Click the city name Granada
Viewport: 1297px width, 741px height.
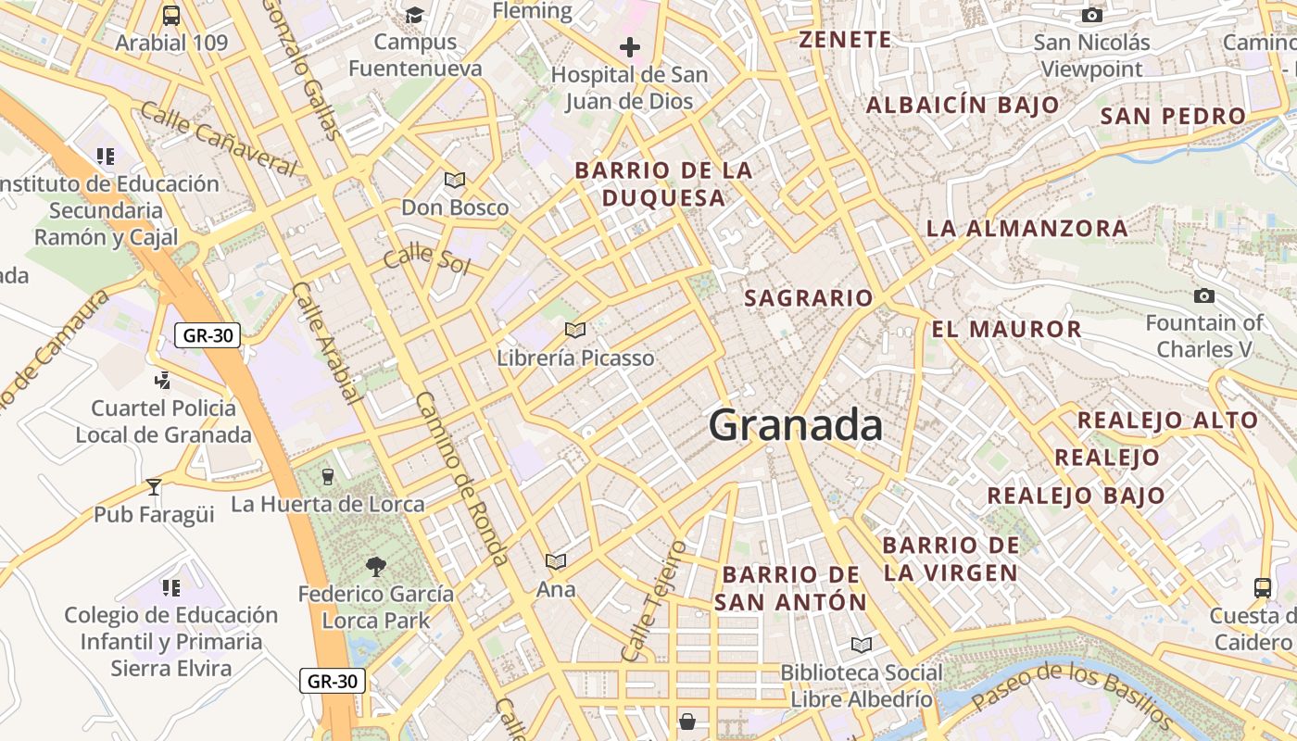[795, 425]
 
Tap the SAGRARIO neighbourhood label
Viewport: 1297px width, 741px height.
[809, 298]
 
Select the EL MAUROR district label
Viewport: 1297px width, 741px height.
[1006, 329]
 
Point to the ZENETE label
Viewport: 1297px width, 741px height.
[845, 40]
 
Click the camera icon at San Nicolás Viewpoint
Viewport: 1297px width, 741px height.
[1092, 15]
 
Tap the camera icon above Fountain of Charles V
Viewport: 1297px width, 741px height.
[1204, 296]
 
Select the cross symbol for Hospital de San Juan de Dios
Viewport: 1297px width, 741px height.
[630, 47]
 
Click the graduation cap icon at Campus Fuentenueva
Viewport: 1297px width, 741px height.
[414, 15]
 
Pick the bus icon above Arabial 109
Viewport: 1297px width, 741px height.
[171, 15]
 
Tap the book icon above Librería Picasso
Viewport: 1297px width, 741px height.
[575, 330]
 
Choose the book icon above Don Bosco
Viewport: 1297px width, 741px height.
[455, 180]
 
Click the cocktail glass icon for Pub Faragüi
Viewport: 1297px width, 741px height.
[154, 486]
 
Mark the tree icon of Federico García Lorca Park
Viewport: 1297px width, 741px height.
[376, 566]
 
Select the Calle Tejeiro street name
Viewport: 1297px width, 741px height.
[654, 601]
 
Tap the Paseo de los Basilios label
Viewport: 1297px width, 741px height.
[1075, 696]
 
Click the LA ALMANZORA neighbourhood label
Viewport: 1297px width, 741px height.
[1027, 228]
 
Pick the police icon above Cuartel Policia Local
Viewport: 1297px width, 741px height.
[163, 380]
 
